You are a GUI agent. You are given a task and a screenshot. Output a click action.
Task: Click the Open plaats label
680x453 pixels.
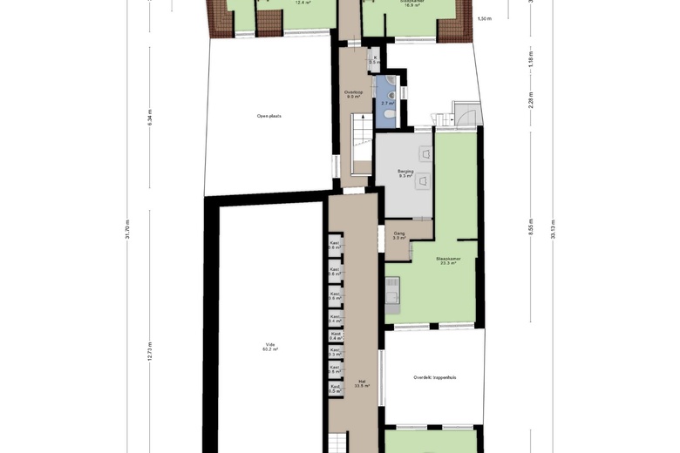(269, 115)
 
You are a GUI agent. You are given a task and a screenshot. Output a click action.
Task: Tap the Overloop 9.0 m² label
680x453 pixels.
(353, 94)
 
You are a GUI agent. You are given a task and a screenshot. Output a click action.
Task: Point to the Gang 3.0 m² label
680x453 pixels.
(398, 235)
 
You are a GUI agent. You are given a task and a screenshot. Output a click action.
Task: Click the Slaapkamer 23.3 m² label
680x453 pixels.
(448, 260)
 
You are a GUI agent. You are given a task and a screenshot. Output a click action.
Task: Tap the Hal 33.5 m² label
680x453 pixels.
(362, 382)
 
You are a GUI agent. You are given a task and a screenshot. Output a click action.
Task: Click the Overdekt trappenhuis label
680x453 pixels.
(435, 377)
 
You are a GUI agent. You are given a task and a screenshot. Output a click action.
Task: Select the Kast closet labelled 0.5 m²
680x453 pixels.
(335, 389)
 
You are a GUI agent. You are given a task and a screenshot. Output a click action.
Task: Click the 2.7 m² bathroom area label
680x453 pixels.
(386, 104)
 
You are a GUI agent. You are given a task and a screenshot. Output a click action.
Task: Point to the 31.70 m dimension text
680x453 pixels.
(127, 229)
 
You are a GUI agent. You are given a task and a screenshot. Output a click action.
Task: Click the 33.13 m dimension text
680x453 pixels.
(552, 229)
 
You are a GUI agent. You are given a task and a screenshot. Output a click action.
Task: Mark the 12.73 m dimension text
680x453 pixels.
(150, 351)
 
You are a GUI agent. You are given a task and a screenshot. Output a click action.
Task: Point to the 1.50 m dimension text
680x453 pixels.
(484, 17)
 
